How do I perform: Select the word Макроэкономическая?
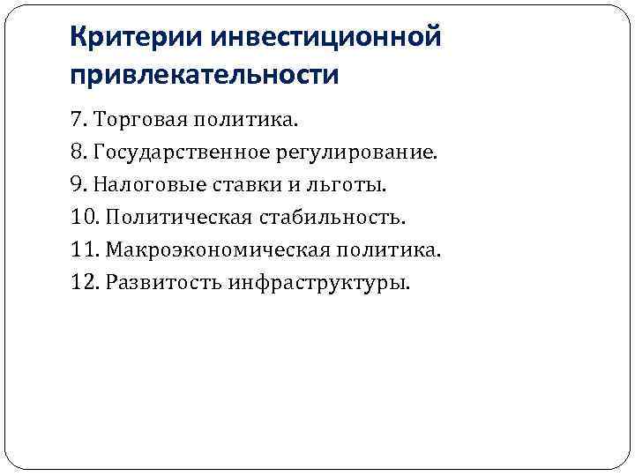(217, 250)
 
